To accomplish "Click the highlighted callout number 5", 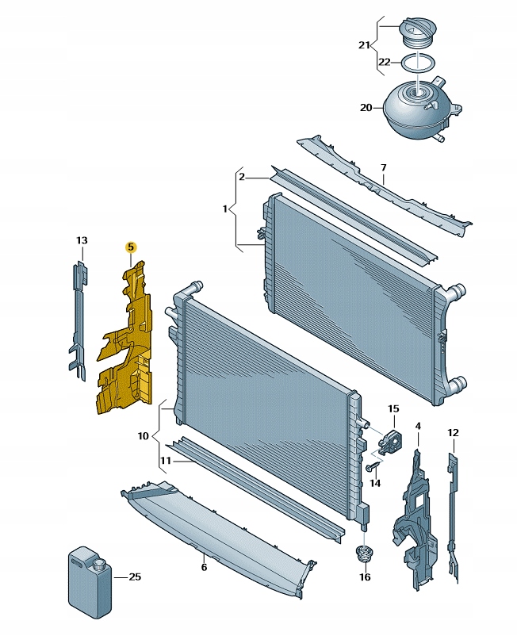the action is tap(131, 247).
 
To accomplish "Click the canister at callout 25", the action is tap(88, 580).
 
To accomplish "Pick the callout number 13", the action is tap(82, 240).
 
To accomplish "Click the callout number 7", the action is tap(383, 168).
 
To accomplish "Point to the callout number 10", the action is tap(143, 436).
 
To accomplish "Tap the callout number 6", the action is tap(204, 567).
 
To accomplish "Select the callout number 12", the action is tap(453, 433).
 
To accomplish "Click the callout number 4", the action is tap(418, 427).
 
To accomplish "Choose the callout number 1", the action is tap(225, 210).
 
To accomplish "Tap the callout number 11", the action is tap(166, 460).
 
